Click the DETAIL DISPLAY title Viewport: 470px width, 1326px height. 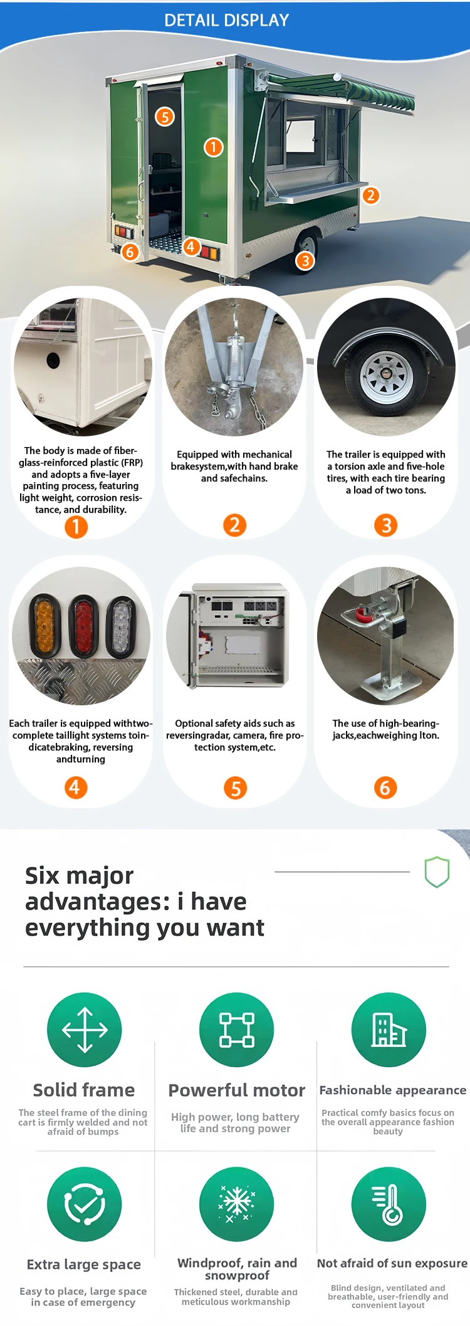[226, 21]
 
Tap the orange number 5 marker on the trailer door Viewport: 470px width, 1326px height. [165, 117]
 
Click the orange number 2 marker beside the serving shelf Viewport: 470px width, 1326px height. [370, 196]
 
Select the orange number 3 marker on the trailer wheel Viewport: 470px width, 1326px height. [305, 260]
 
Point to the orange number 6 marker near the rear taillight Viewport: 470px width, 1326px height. [130, 252]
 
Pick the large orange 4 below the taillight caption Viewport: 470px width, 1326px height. [75, 787]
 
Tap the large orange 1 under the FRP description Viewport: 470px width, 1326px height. [76, 527]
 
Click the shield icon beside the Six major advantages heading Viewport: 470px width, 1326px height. [437, 871]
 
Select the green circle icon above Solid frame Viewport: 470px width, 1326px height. [85, 1029]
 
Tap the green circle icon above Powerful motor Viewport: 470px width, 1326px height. [236, 1029]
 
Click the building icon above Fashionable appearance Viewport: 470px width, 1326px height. [389, 1029]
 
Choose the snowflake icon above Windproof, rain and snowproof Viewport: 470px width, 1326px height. [236, 1204]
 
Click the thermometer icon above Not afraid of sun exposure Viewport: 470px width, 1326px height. [389, 1204]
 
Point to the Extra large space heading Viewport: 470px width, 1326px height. [84, 1265]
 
